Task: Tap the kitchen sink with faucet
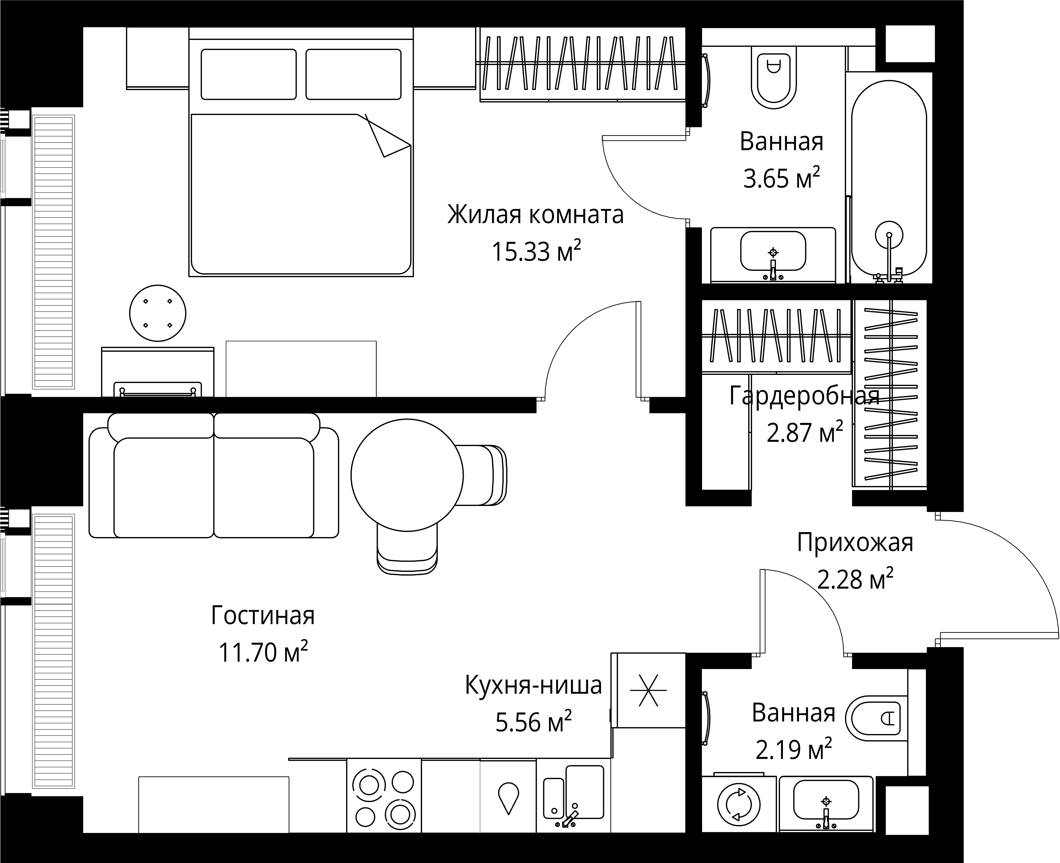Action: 573,795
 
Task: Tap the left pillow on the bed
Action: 249,74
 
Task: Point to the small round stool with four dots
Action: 158,313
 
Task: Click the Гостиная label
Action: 263,615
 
